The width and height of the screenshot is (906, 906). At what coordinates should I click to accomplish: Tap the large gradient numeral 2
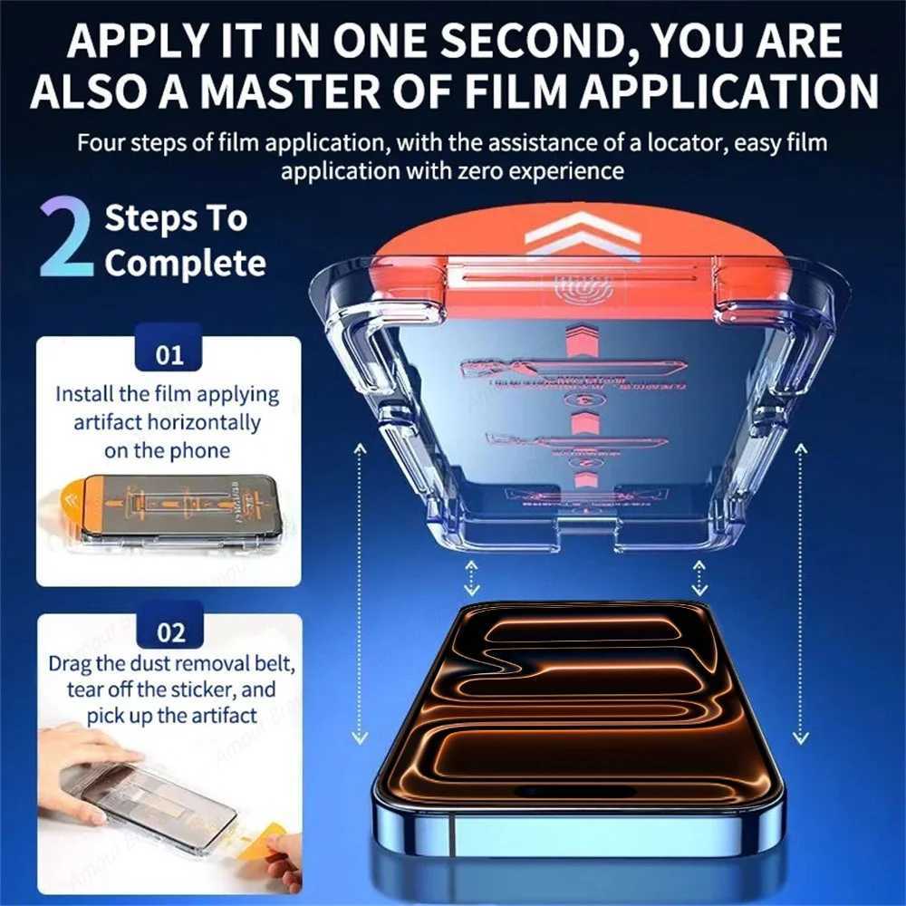tap(66, 241)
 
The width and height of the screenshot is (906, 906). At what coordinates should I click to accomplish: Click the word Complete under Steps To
tap(185, 264)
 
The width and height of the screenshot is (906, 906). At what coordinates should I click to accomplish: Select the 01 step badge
tap(169, 354)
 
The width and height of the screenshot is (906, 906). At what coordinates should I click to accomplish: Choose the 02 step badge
tap(169, 631)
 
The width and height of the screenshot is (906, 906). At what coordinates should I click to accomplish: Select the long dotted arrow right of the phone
tap(800, 593)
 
